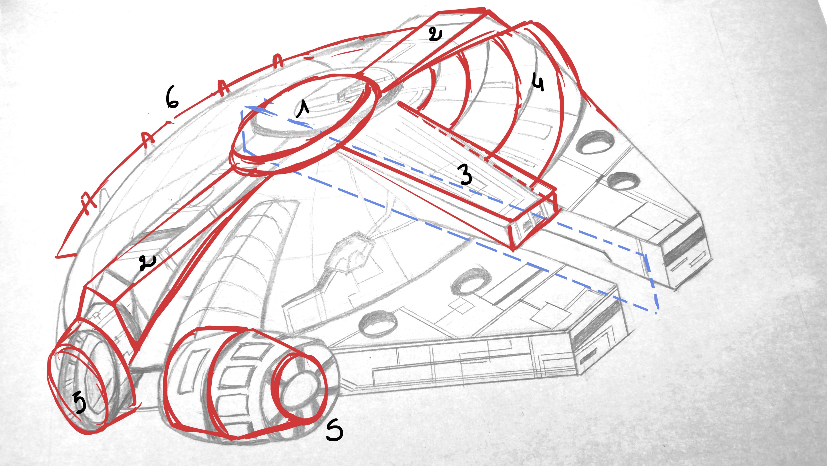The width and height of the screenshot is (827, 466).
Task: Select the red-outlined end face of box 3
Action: [x=533, y=222]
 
